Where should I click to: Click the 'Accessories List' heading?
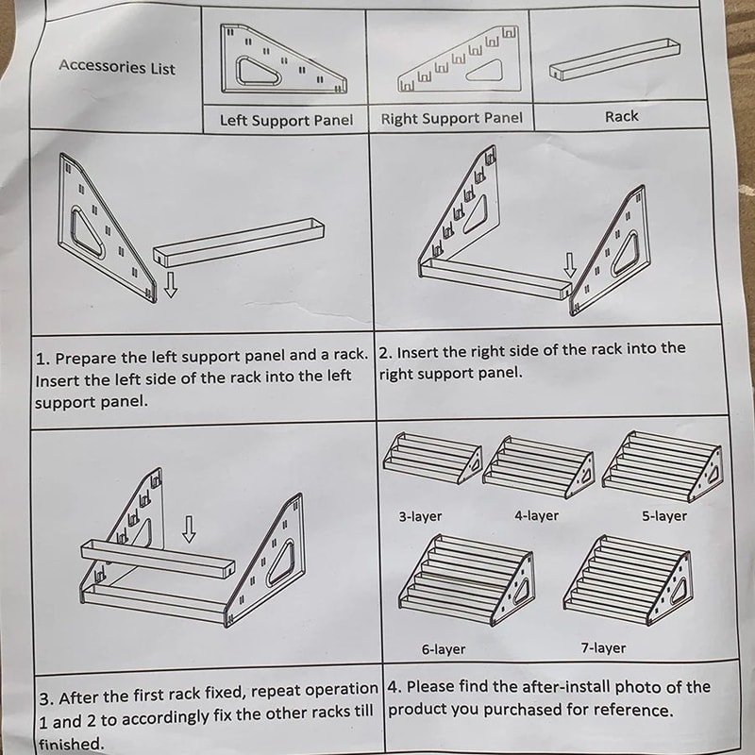117,67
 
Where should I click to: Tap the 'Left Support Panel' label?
286,120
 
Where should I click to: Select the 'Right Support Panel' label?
451,119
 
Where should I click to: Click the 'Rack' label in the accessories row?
621,116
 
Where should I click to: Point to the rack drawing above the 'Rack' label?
615,59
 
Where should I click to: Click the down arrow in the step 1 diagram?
171,285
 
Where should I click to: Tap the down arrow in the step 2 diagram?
570,265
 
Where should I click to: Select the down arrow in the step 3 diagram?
189,529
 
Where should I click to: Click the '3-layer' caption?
420,516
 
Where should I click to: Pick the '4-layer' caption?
536,515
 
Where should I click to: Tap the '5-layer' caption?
664,516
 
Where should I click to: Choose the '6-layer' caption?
444,649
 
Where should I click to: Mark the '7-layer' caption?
603,648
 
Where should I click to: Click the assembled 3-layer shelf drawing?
432,458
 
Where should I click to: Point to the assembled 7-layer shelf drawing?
628,579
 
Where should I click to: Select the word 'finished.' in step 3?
72,744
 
